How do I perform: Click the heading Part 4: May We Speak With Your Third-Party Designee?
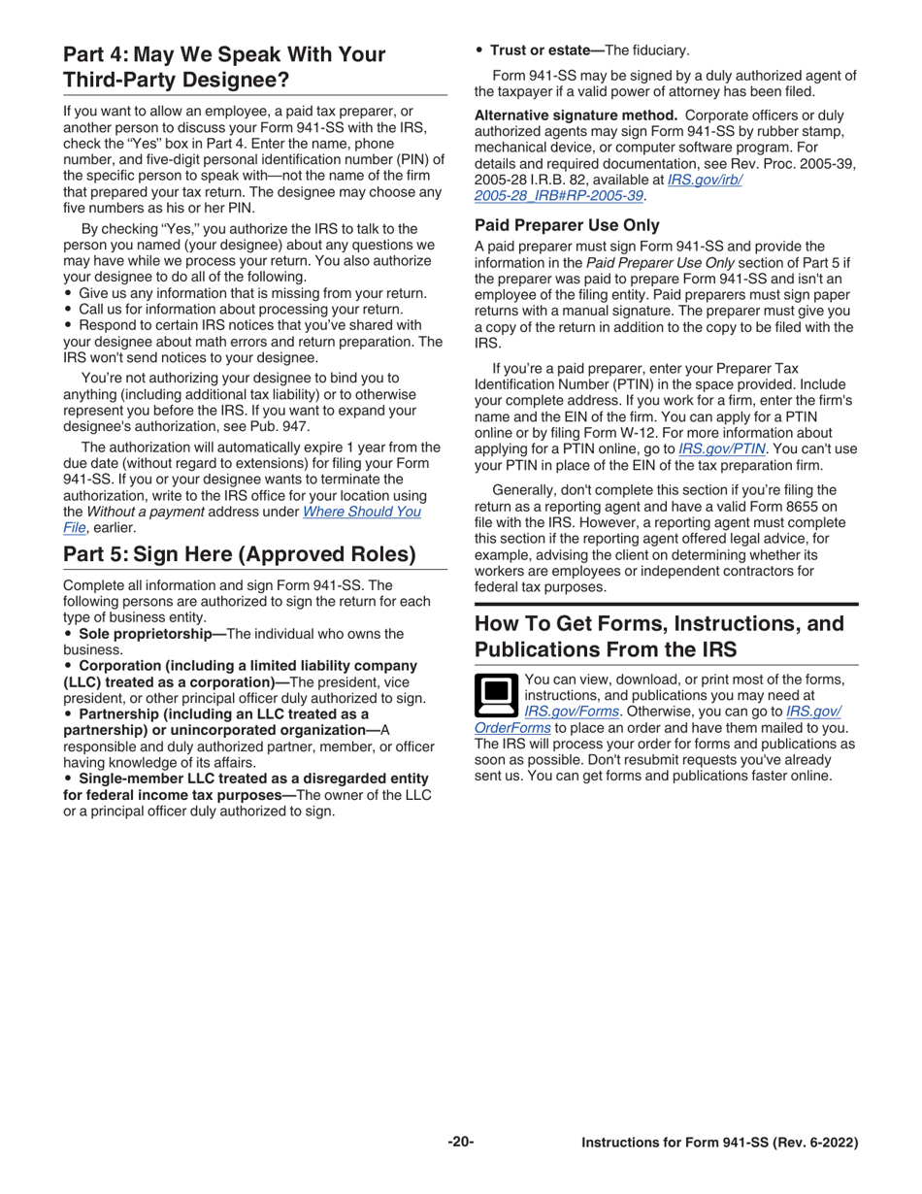[x=223, y=67]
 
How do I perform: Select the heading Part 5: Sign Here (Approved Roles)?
[x=239, y=554]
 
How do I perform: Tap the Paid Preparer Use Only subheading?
[x=567, y=225]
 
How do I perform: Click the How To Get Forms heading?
[x=658, y=636]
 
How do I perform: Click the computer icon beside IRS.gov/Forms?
[x=496, y=696]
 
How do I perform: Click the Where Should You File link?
[x=362, y=512]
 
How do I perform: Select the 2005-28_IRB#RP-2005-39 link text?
[x=559, y=195]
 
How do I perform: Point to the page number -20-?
[x=460, y=1142]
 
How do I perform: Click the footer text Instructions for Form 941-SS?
[x=719, y=1143]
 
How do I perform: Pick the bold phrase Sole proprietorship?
[x=151, y=634]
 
